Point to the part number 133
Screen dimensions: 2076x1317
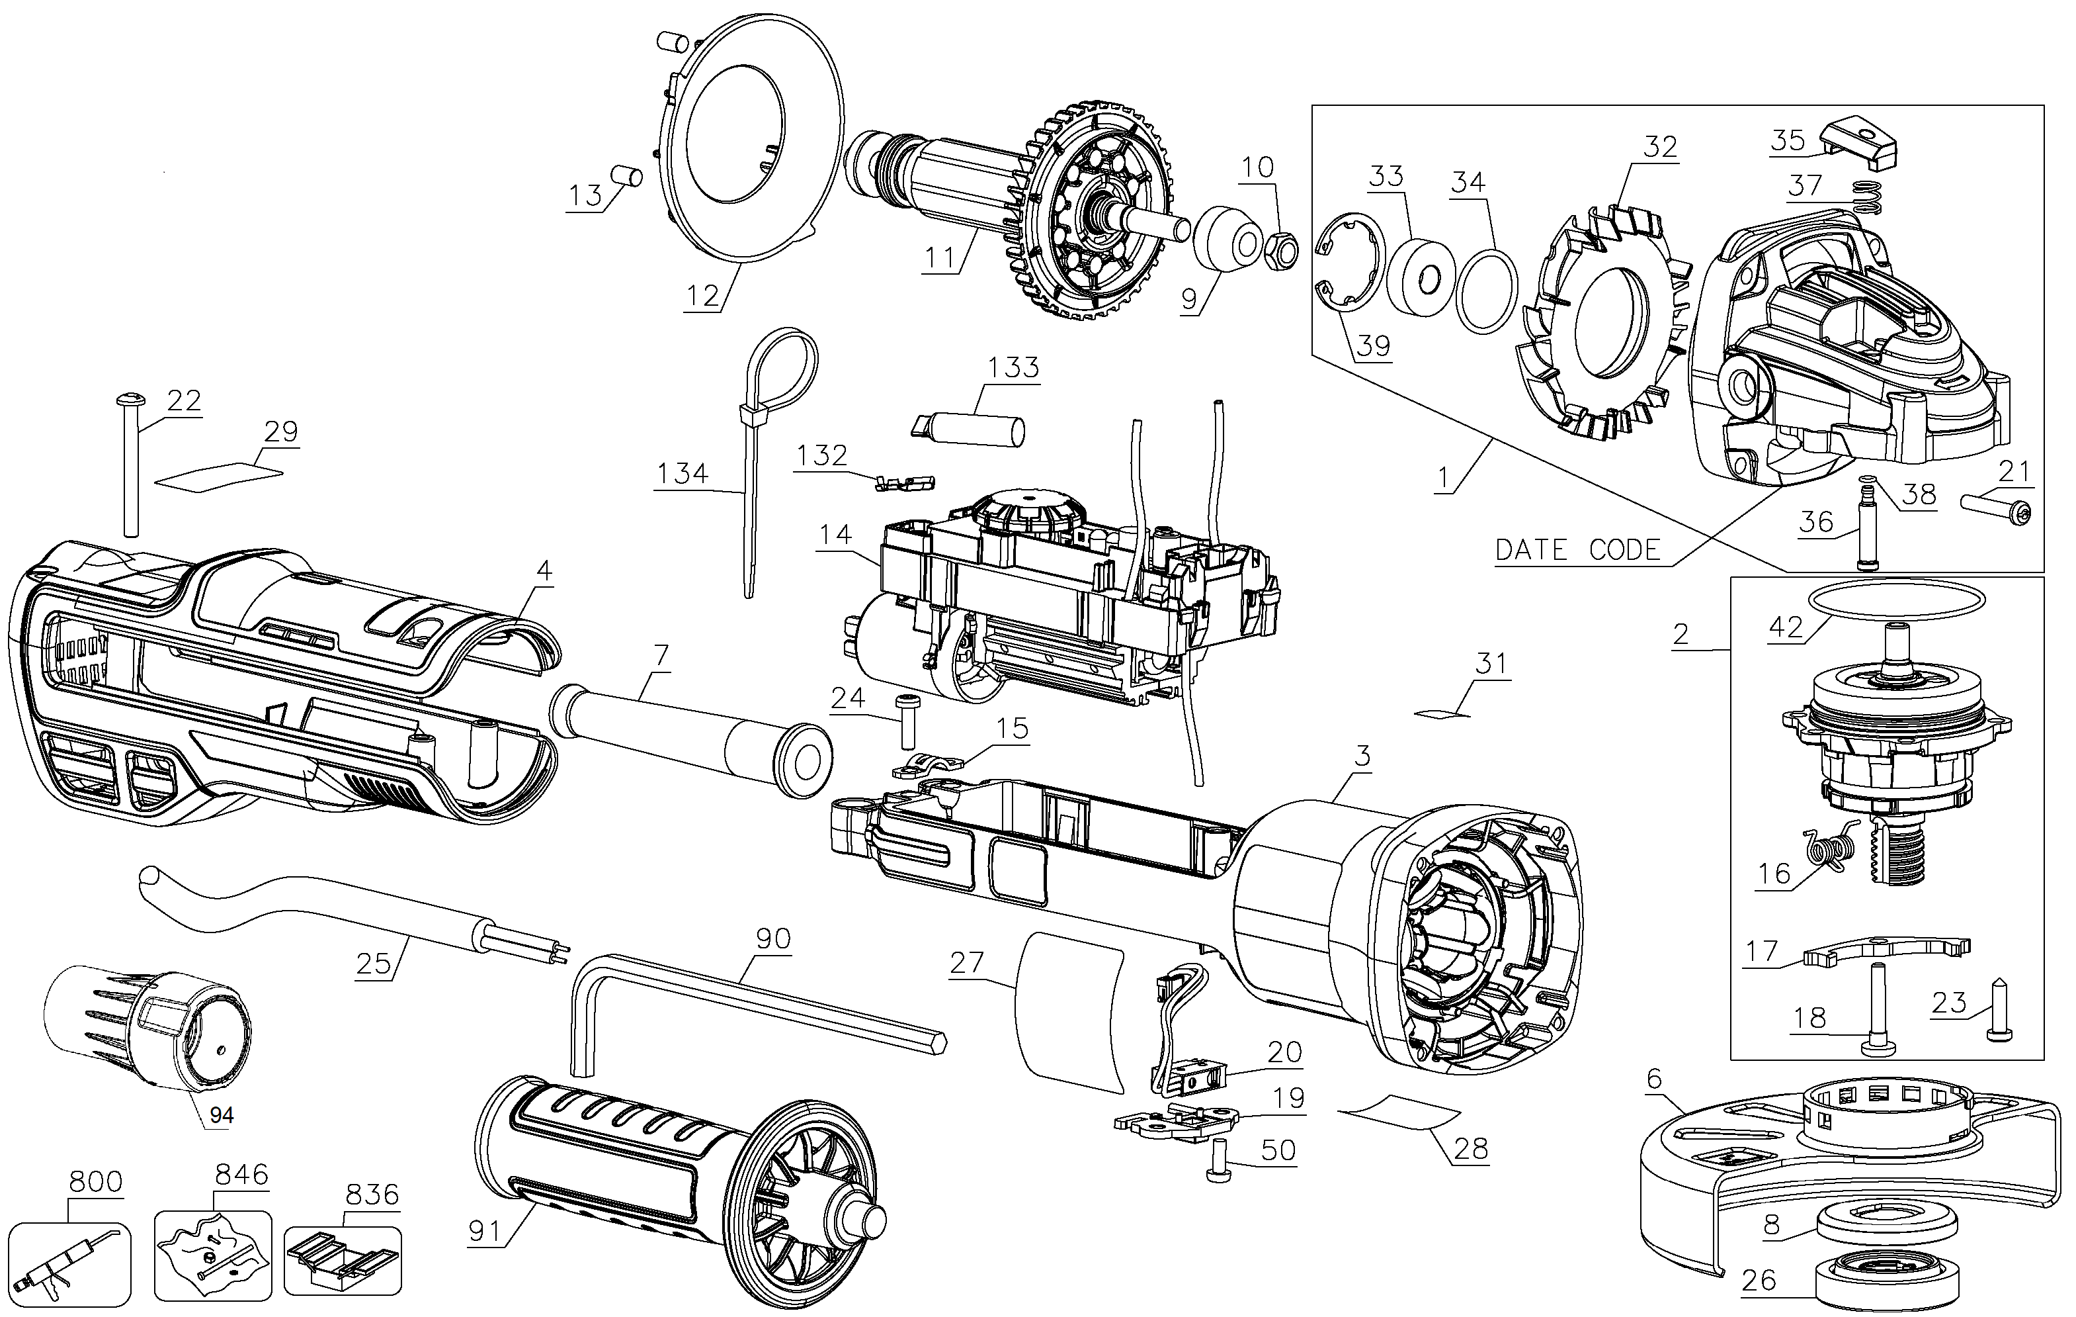(x=1013, y=367)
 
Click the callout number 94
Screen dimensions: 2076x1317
(x=222, y=1115)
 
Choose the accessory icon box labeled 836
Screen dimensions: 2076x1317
(x=343, y=1260)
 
